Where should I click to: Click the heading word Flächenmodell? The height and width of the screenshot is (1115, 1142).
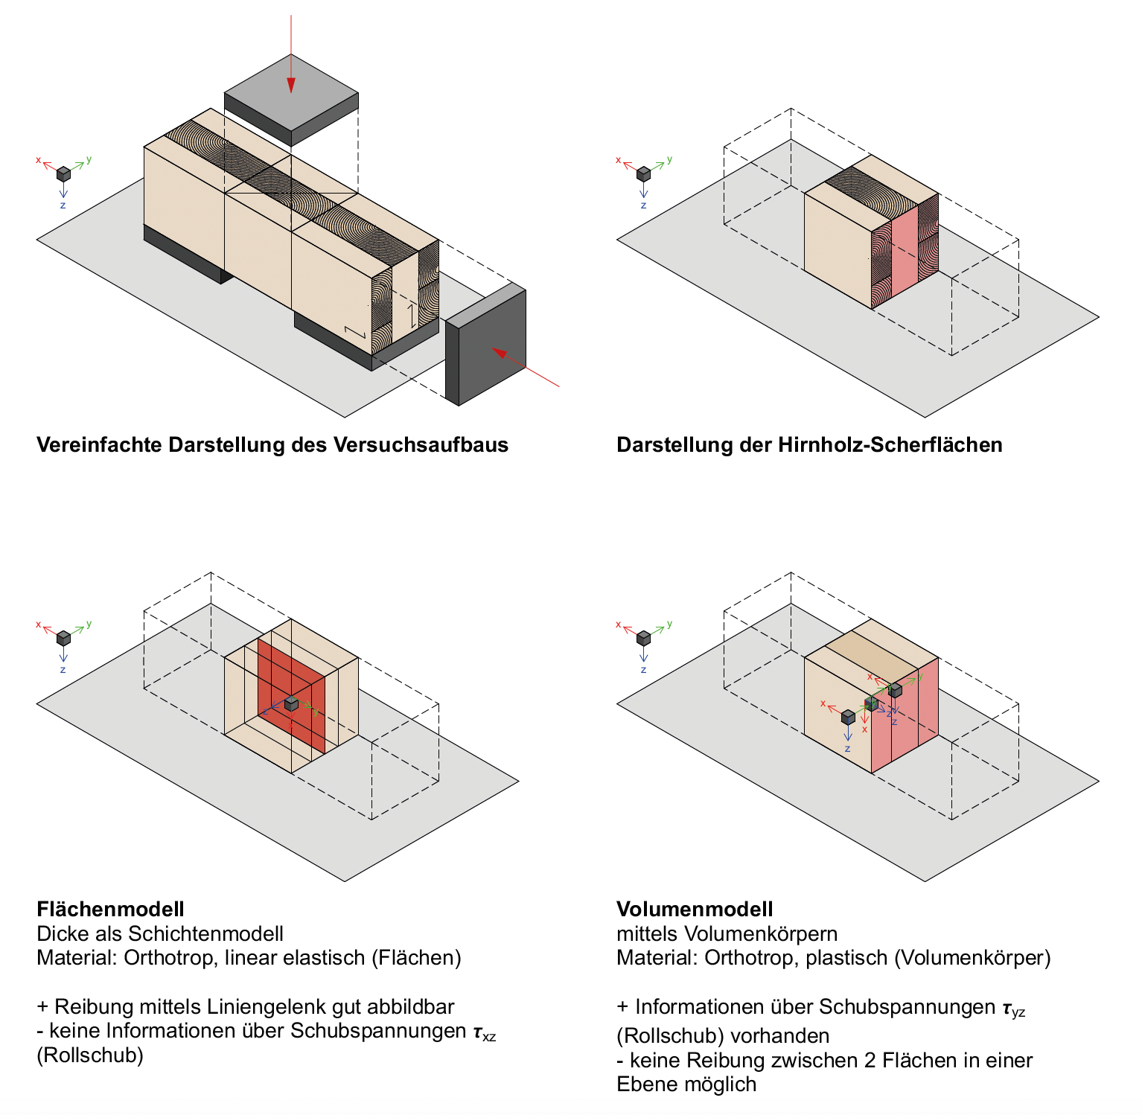click(110, 909)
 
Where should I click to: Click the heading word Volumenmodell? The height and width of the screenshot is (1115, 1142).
click(695, 909)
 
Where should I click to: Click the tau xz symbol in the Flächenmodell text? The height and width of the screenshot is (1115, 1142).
click(484, 1032)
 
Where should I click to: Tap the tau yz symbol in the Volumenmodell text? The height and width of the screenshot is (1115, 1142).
click(1013, 1009)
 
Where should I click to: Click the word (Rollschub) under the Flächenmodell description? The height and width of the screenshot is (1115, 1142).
click(89, 1055)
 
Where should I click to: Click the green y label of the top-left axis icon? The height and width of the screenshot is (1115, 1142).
click(89, 159)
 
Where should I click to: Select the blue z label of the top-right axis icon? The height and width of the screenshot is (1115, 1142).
click(643, 205)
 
